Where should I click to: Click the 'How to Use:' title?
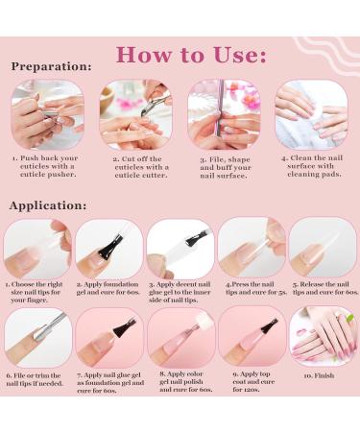[192, 53]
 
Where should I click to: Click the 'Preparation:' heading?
[52, 68]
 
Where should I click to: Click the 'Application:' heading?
[52, 205]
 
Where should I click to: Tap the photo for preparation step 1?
[47, 113]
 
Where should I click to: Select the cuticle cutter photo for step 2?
[135, 113]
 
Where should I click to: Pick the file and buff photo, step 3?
[224, 113]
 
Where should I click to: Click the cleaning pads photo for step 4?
[312, 113]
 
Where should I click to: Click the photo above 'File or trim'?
[37, 337]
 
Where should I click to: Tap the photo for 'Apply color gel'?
[180, 337]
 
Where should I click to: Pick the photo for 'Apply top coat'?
[251, 337]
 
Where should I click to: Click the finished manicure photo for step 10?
[322, 337]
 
